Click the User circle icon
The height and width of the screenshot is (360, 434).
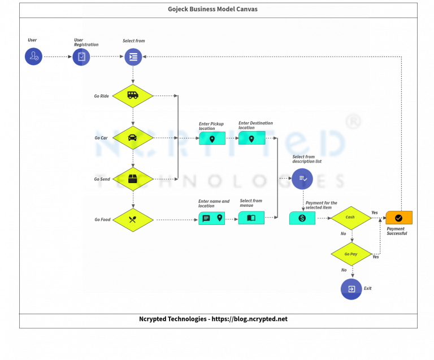[x=33, y=57]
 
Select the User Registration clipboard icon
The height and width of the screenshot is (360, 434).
[x=81, y=57]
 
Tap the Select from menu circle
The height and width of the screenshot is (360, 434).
[x=133, y=57]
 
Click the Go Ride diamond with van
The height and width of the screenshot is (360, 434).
[x=133, y=96]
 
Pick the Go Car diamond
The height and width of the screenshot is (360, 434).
[x=133, y=137]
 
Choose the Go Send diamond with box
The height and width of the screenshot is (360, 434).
[x=133, y=179]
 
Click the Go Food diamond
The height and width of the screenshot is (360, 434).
[x=133, y=220]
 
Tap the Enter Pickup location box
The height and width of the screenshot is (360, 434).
[x=212, y=138]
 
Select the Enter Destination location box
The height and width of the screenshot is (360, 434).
[x=251, y=138]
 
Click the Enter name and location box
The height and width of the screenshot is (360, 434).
[x=212, y=218]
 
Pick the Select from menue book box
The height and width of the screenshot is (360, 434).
[x=251, y=218]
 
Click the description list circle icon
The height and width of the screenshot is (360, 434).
[x=302, y=179]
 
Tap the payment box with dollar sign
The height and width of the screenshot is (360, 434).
[x=302, y=218]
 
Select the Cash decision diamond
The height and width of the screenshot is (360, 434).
[x=351, y=218]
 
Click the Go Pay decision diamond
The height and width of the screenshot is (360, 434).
[x=351, y=254]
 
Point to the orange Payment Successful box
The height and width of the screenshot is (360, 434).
[x=399, y=218]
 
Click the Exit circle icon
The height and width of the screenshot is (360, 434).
[x=351, y=289]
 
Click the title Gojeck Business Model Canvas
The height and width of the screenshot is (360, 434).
[x=212, y=10]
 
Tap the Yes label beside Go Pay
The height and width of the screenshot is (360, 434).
[x=376, y=257]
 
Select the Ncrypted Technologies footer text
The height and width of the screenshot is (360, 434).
[x=213, y=319]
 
